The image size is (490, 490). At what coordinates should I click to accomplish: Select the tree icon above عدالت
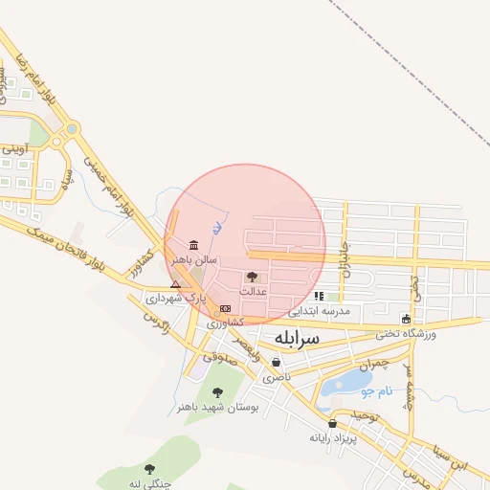tap(252, 276)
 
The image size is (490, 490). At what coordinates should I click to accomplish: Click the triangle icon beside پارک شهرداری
tap(175, 284)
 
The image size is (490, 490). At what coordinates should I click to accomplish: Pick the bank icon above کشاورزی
tap(225, 308)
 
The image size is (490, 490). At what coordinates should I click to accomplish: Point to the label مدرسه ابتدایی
tap(320, 311)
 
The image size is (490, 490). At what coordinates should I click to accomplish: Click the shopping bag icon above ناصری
tap(277, 363)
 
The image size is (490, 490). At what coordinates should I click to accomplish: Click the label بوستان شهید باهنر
tap(209, 406)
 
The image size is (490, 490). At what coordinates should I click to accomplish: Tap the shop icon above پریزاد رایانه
tap(332, 423)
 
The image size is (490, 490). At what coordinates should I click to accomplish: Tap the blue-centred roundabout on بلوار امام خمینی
tap(72, 129)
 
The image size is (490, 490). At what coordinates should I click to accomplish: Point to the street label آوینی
tap(14, 149)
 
